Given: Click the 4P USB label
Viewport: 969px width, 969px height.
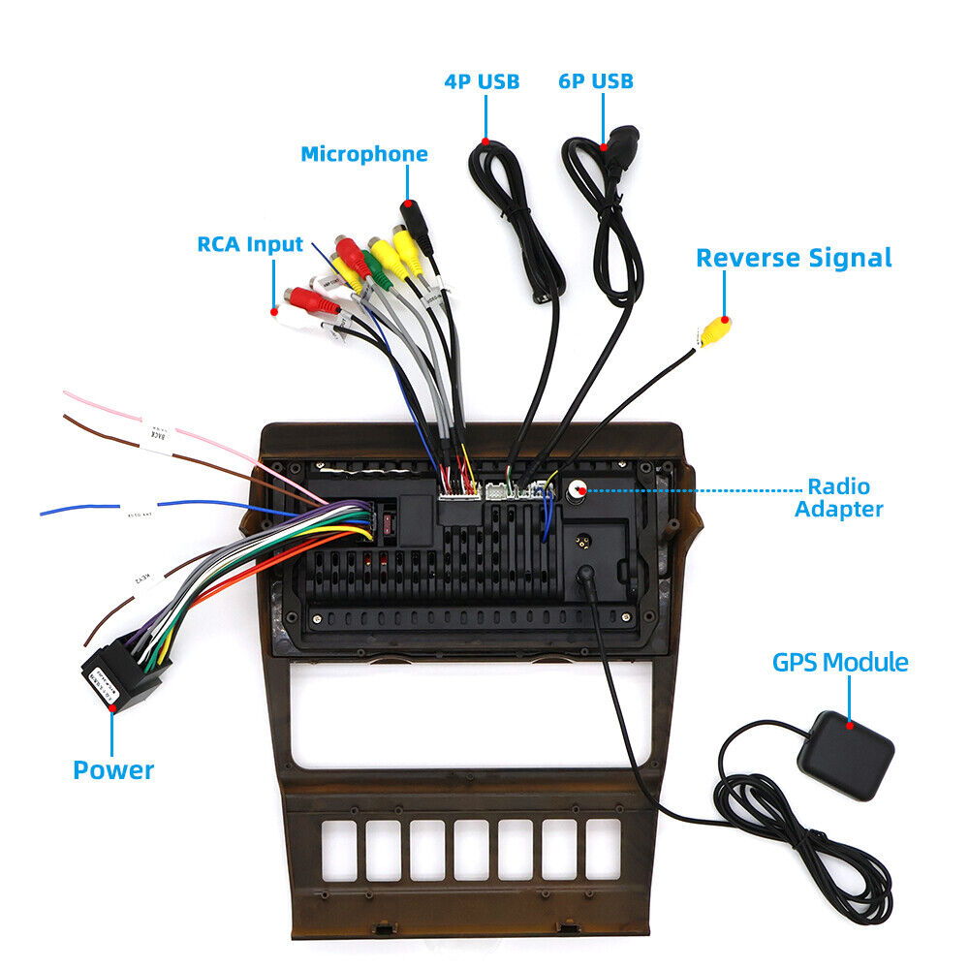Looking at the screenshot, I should (482, 81).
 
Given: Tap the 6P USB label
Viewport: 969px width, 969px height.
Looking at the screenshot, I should (595, 81).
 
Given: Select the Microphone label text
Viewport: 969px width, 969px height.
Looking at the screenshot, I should (363, 154).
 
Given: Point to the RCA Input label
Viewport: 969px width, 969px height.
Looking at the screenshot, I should (250, 244).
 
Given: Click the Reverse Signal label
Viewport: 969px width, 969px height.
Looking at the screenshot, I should (794, 258).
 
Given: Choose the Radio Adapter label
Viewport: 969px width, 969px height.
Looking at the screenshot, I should (839, 498).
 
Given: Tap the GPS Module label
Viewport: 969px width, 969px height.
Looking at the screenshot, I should (840, 663).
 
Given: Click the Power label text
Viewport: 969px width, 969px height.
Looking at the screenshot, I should (113, 770).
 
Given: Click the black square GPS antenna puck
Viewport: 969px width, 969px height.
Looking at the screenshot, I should (845, 755).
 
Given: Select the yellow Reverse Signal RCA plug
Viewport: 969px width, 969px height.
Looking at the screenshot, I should (715, 330).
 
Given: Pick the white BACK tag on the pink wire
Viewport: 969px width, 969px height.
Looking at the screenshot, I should (156, 435).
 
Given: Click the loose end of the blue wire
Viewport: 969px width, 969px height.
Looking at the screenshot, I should (44, 512).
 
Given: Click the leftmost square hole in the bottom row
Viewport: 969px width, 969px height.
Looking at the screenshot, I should (339, 850).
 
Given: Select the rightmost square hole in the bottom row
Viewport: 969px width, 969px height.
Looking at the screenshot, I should (603, 850).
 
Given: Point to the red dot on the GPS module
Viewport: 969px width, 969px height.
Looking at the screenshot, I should (850, 724).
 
